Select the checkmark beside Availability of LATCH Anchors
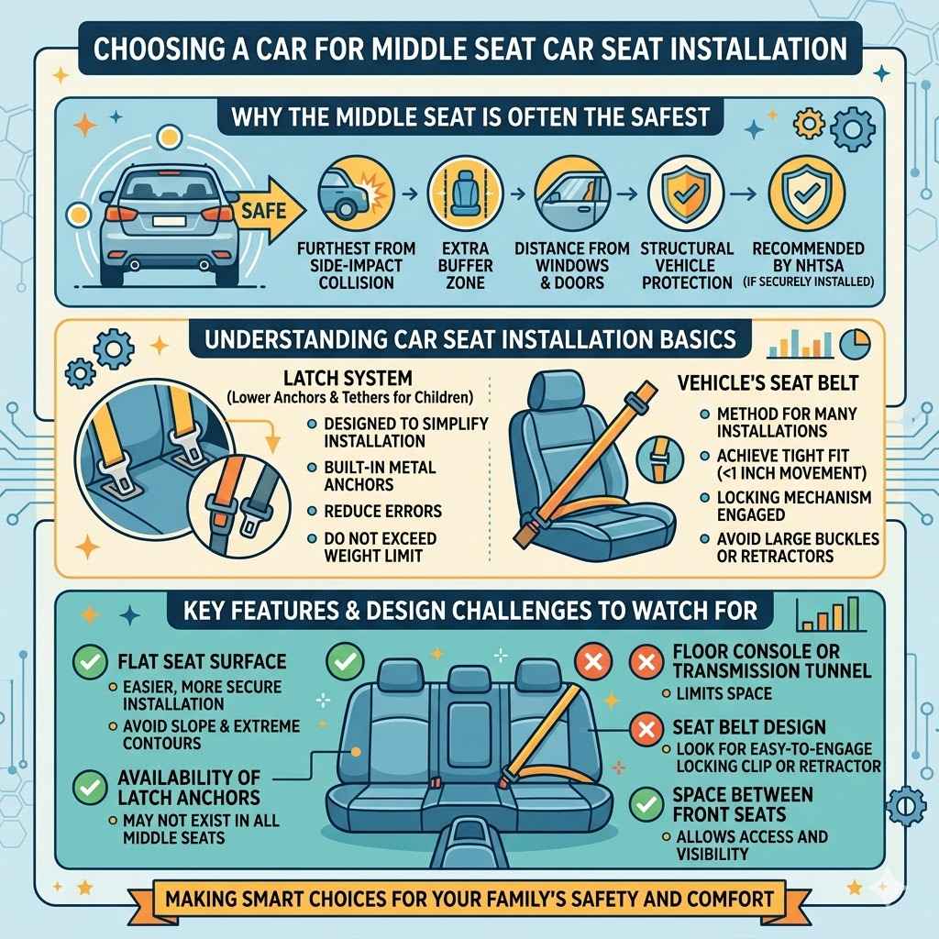[x=90, y=786]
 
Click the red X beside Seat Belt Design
[x=647, y=729]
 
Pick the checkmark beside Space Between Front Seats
[x=647, y=804]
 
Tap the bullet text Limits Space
[x=724, y=694]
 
